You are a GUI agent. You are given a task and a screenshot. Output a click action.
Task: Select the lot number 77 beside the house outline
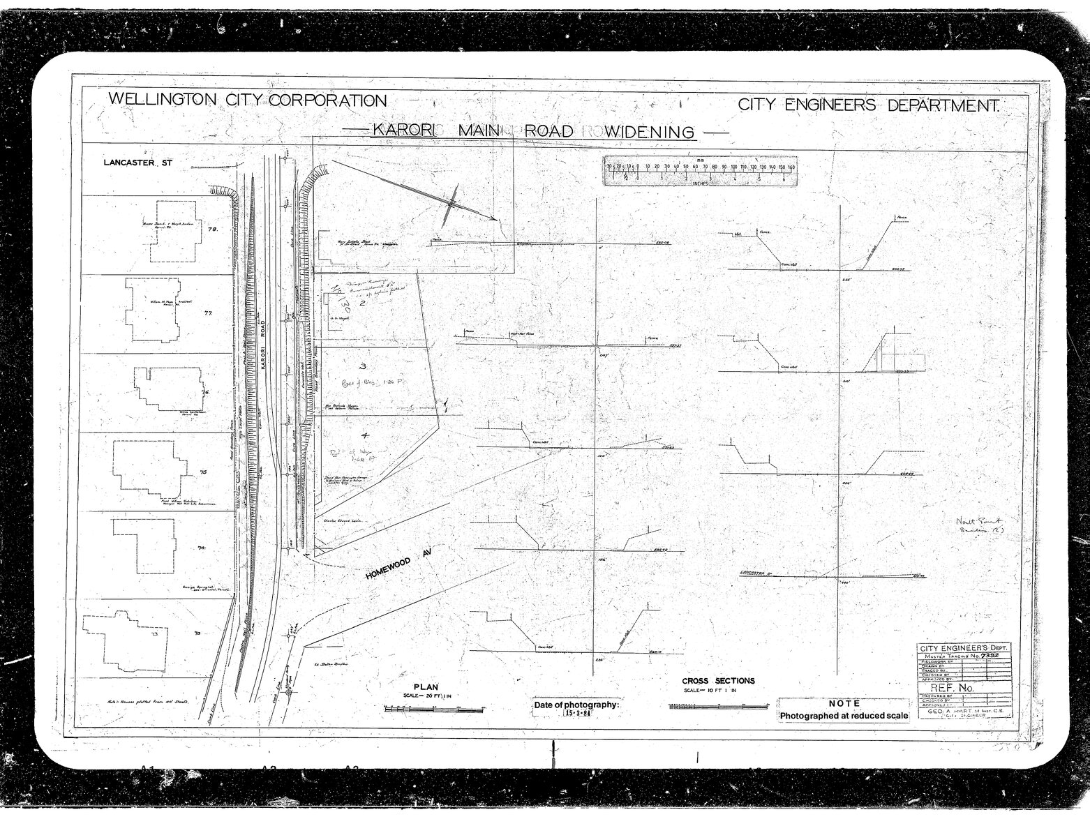207,313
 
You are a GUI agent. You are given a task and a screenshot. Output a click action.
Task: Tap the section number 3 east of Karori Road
362,366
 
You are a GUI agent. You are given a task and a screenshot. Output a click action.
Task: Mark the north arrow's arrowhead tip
498,220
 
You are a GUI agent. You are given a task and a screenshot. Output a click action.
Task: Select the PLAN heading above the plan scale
426,686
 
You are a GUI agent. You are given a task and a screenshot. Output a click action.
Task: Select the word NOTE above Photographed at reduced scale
844,704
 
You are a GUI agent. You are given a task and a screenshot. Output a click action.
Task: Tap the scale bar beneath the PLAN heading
433,709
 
